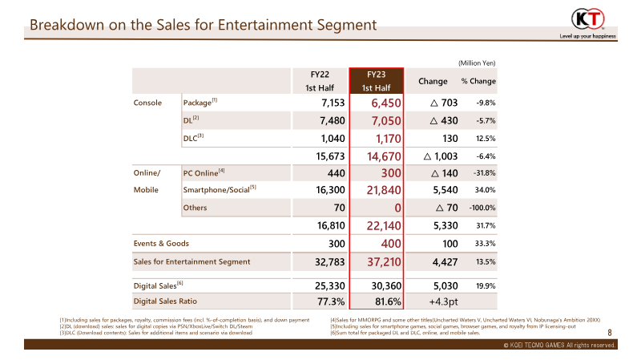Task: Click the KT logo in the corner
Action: pos(588,18)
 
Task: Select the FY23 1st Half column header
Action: pos(376,81)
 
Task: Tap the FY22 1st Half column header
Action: pos(320,81)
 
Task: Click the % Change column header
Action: pos(478,81)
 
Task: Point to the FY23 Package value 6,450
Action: pos(386,103)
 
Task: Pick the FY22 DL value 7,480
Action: pos(333,121)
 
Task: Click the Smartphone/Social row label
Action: pos(220,189)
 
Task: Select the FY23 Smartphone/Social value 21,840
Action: pos(384,190)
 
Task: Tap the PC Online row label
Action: pos(204,172)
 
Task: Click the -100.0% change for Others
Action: pos(482,208)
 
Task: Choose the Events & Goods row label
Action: pos(161,244)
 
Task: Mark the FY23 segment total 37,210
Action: pos(384,262)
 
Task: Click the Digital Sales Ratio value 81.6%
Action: pos(388,301)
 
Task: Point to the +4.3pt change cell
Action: pos(443,301)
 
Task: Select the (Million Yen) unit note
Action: pos(477,63)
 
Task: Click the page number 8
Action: pos(610,333)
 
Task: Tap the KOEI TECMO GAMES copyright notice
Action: pos(559,345)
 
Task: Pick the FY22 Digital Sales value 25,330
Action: pos(330,285)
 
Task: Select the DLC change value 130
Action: pos(450,139)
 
